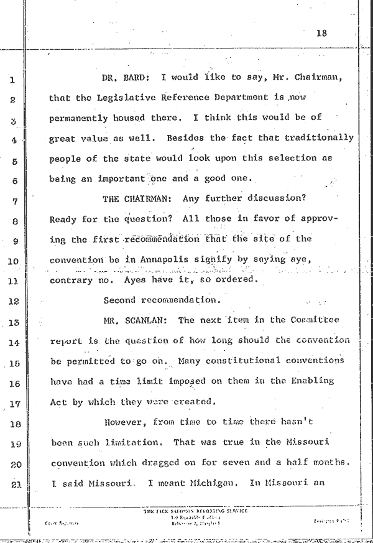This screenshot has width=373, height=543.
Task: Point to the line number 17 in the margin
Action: [x=16, y=403]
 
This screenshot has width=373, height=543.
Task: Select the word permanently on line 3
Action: [x=78, y=118]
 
